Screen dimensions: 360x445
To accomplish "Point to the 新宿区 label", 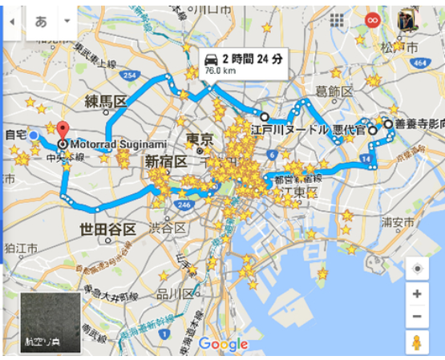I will pos(166,162).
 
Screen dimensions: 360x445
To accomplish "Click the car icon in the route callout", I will pos(212,59).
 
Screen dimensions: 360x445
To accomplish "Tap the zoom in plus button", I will pos(417,294).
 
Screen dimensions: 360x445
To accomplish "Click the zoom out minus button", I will pos(417,316).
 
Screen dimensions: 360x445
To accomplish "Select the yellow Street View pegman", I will pos(417,343).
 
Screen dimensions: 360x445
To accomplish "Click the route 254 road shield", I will pos(127,76).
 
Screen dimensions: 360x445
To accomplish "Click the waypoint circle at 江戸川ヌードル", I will pos(265,117).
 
